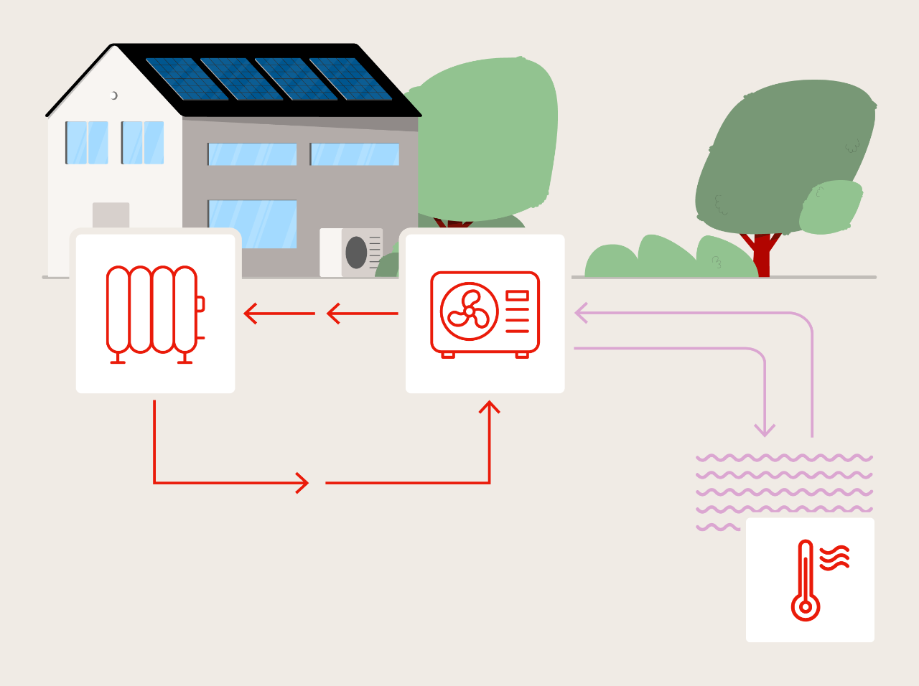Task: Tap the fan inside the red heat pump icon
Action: (x=470, y=311)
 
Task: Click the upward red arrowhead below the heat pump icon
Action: (x=490, y=407)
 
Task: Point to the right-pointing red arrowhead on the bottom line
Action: (x=303, y=483)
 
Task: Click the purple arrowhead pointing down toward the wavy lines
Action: (x=765, y=431)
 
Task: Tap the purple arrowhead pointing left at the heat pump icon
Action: (x=581, y=313)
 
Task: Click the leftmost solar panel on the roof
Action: (x=186, y=78)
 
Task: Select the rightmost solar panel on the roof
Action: (x=351, y=78)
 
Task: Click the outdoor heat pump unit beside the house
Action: (x=351, y=253)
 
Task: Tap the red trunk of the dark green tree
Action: (x=762, y=255)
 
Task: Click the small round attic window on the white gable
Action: (x=113, y=95)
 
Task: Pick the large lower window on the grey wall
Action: (x=252, y=223)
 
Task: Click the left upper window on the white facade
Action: (x=87, y=142)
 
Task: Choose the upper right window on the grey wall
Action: (x=355, y=154)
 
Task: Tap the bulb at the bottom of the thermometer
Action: (x=806, y=607)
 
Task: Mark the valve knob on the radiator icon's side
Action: (x=200, y=304)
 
